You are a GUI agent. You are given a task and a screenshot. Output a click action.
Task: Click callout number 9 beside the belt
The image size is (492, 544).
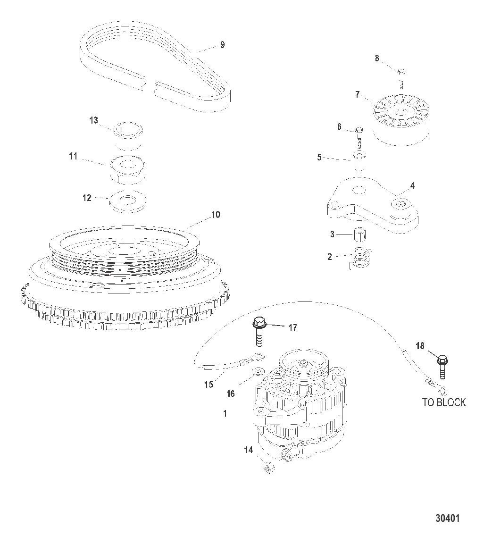click(222, 45)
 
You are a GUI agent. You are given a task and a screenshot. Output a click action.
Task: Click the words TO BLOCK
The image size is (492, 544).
click(444, 402)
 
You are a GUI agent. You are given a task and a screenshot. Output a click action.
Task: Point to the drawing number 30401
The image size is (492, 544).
click(448, 519)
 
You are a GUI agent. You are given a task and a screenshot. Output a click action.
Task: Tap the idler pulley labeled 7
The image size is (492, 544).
click(401, 120)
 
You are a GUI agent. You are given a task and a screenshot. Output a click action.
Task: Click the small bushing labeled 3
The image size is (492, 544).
click(360, 234)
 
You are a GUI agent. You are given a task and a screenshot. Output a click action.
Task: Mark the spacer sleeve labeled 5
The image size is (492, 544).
click(359, 160)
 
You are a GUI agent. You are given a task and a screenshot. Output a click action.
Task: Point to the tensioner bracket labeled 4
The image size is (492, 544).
click(372, 206)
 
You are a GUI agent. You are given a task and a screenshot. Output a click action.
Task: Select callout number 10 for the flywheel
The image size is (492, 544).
click(216, 215)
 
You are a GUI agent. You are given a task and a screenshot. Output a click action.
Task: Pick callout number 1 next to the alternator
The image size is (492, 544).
click(225, 414)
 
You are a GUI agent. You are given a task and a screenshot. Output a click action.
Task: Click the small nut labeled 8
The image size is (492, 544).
click(401, 72)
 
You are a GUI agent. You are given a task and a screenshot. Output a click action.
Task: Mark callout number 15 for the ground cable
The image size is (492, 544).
click(209, 385)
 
